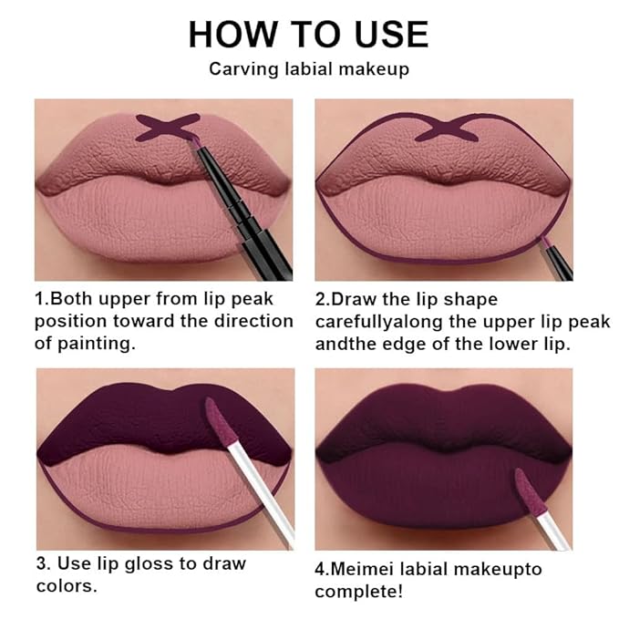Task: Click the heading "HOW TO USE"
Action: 308,34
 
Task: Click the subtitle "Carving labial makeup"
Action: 308,69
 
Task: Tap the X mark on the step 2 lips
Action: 444,127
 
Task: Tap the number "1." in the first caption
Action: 42,299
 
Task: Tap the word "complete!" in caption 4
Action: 357,592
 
